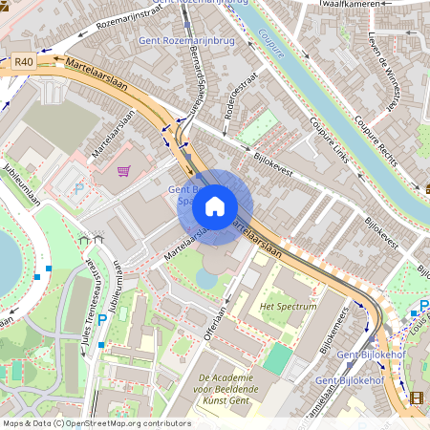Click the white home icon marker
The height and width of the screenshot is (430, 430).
click(x=215, y=206)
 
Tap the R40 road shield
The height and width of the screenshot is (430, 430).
click(x=24, y=61)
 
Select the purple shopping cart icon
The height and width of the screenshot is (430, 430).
click(x=123, y=172)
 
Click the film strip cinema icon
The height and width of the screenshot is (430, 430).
click(x=415, y=398)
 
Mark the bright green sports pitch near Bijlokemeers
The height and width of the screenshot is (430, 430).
click(x=276, y=359)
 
